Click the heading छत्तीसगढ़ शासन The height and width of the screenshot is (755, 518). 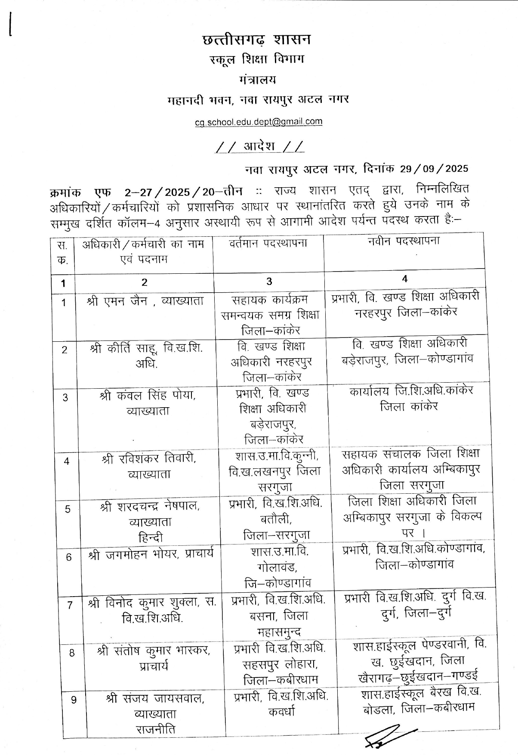tap(256, 40)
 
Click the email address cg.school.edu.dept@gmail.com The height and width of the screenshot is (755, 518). tap(258, 122)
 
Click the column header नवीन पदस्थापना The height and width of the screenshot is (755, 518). tap(404, 241)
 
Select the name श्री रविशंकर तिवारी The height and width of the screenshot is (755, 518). tap(148, 459)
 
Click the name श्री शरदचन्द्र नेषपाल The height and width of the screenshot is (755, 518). tap(149, 506)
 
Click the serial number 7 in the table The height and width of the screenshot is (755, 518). tap(70, 605)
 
